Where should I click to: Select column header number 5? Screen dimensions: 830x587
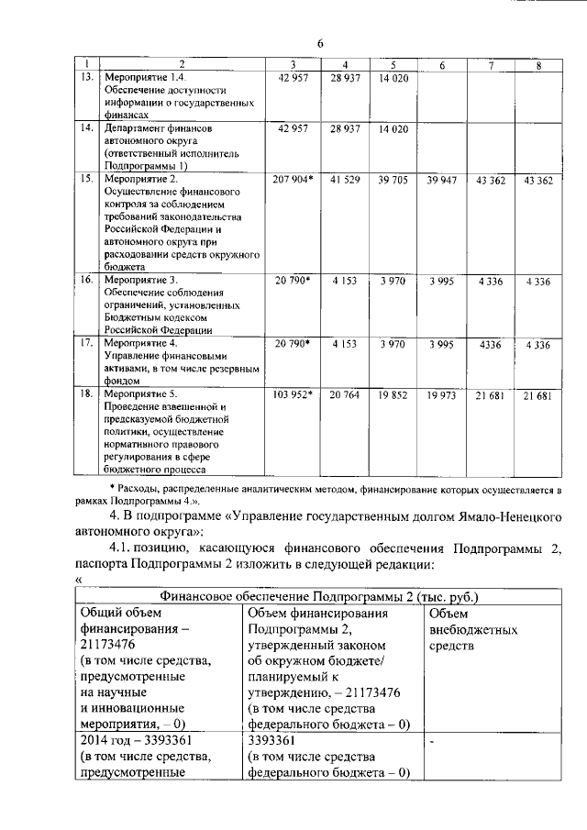click(392, 64)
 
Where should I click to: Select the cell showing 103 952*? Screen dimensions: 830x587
click(293, 395)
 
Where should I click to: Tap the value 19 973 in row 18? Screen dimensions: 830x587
click(441, 395)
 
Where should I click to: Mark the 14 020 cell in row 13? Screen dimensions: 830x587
click(393, 78)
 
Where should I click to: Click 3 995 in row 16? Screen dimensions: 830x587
click(441, 280)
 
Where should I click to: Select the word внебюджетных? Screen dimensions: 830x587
click(473, 630)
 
